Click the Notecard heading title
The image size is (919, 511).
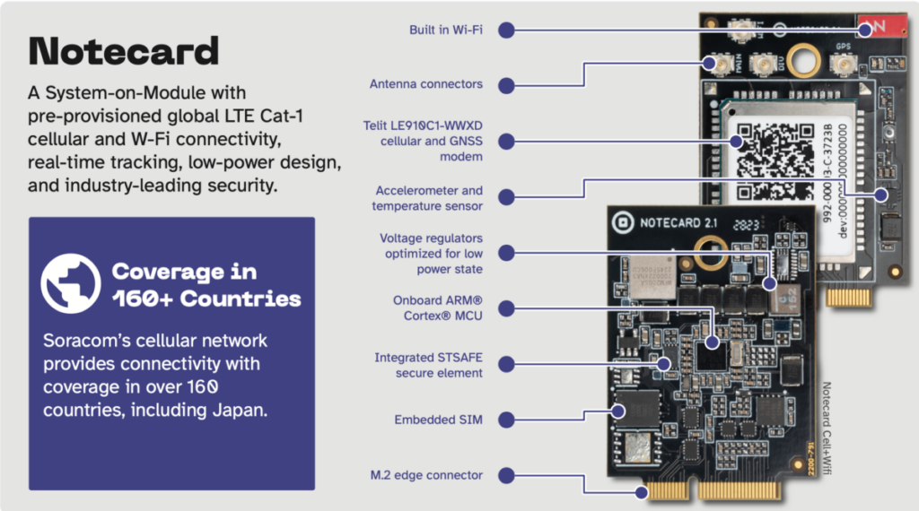(x=124, y=51)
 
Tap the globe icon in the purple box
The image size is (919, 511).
(x=70, y=283)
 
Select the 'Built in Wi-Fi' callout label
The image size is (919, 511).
(x=445, y=30)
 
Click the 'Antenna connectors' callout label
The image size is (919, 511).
(x=426, y=84)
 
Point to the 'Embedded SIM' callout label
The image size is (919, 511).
(x=438, y=420)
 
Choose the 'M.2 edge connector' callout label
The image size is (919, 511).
(x=426, y=475)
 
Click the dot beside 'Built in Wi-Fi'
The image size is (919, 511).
(x=506, y=30)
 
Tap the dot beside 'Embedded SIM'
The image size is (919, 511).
(x=506, y=420)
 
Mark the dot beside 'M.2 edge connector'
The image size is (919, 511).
(x=506, y=475)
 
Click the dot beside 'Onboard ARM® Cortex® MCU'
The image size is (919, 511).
(x=506, y=308)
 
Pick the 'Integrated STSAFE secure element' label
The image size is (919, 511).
(x=428, y=365)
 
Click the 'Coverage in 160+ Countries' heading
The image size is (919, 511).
(x=206, y=285)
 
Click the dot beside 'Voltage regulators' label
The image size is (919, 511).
(x=506, y=254)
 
